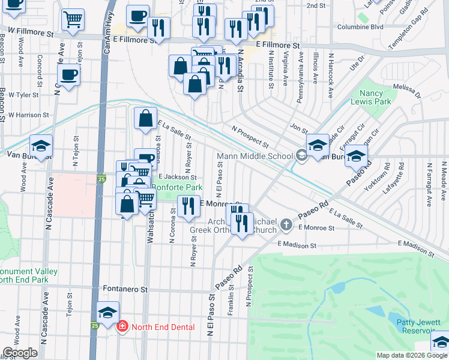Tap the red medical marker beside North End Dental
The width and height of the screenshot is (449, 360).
tap(122, 327)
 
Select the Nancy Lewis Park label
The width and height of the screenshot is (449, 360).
tap(375, 97)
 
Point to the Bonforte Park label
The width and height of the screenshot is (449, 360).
tap(176, 188)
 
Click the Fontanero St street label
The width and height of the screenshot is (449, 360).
tap(125, 289)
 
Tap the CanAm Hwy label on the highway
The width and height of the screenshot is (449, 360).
tap(107, 33)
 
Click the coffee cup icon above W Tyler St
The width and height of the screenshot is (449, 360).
tap(68, 76)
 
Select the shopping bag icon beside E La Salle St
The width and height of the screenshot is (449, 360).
tap(145, 119)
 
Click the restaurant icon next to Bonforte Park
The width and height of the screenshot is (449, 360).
tap(189, 206)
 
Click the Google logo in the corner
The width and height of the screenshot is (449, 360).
tap(20, 353)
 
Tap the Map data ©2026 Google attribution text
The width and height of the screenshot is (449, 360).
tap(412, 355)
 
